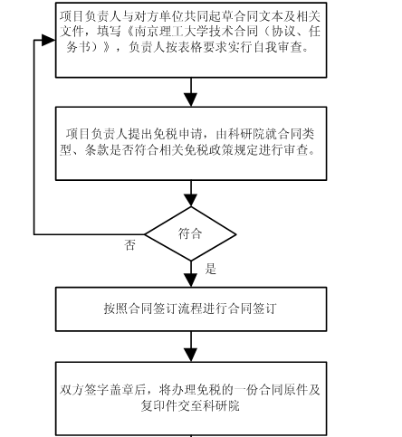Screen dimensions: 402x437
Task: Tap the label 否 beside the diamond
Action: pyautogui.click(x=129, y=245)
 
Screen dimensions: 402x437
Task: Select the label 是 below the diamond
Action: pyautogui.click(x=211, y=269)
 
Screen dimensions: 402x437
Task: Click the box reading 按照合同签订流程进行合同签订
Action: pyautogui.click(x=191, y=309)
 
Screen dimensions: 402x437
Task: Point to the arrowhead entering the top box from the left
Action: pyautogui.click(x=48, y=40)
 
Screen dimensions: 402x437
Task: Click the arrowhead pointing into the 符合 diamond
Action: pyautogui.click(x=191, y=200)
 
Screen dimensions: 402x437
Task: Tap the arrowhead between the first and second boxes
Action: pyautogui.click(x=191, y=100)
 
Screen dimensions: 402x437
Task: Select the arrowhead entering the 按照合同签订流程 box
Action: pyautogui.click(x=191, y=280)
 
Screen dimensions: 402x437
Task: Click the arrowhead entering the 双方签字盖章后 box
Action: pyautogui.click(x=191, y=356)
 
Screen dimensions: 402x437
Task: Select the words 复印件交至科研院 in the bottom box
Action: pyautogui.click(x=190, y=405)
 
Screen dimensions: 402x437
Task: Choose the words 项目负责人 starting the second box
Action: pyautogui.click(x=97, y=134)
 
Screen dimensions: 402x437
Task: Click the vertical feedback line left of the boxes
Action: pyautogui.click(x=34, y=137)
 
